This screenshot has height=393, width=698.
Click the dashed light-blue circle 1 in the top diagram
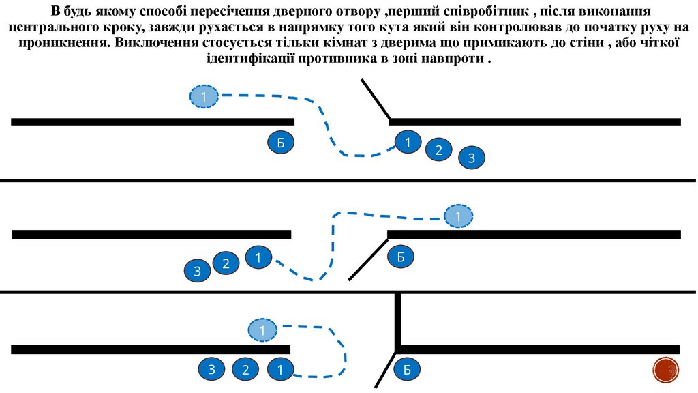click(203, 97)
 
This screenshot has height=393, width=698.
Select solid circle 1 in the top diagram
click(408, 142)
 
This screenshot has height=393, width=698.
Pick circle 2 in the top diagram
click(439, 150)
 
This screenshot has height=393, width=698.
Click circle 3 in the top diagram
click(471, 158)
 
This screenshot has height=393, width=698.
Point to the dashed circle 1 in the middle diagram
click(458, 216)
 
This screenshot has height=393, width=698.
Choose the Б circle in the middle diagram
click(401, 257)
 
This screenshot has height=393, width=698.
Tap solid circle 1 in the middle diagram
click(258, 257)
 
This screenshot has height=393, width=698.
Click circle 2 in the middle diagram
click(226, 264)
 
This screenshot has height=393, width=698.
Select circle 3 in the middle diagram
click(197, 272)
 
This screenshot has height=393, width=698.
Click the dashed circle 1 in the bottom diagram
click(262, 331)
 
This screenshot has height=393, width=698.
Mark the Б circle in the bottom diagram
click(407, 370)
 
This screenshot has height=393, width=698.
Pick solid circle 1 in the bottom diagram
click(279, 370)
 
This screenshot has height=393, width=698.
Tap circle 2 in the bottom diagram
click(245, 370)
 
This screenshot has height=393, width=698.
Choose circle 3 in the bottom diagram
click(212, 370)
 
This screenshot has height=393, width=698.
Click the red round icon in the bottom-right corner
click(666, 370)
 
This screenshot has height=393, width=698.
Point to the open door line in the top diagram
click(375, 100)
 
